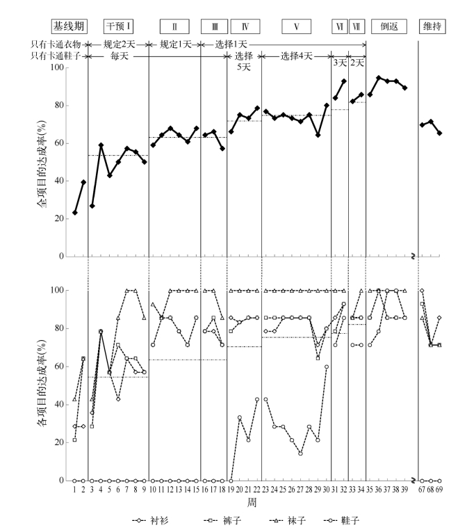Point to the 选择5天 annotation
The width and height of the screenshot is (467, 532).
244,61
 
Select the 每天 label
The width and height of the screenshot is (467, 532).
119,56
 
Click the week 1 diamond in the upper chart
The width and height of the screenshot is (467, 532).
75,213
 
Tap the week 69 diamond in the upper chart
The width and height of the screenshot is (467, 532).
440,133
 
